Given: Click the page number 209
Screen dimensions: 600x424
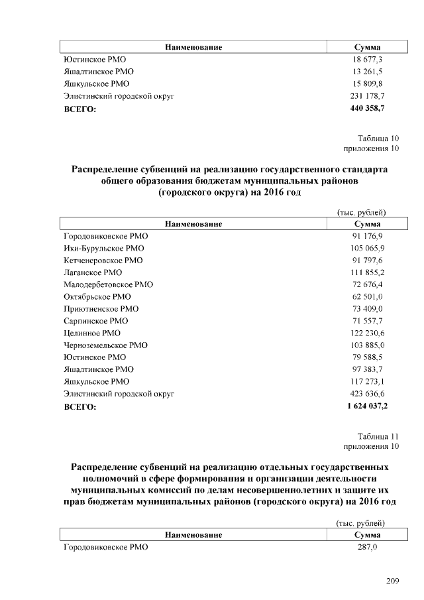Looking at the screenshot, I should click(392, 581).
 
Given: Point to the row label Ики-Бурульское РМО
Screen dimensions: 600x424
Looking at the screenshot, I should click(99, 248).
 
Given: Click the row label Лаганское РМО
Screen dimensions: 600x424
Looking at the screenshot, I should click(93, 272).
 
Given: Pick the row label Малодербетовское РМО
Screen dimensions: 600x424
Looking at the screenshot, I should click(108, 284).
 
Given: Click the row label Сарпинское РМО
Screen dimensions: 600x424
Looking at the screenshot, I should click(95, 321).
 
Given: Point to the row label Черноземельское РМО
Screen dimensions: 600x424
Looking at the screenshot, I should click(105, 345).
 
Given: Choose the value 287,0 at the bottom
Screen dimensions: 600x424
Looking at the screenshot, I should click(366, 548).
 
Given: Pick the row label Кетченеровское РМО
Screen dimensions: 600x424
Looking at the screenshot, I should click(103, 261).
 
